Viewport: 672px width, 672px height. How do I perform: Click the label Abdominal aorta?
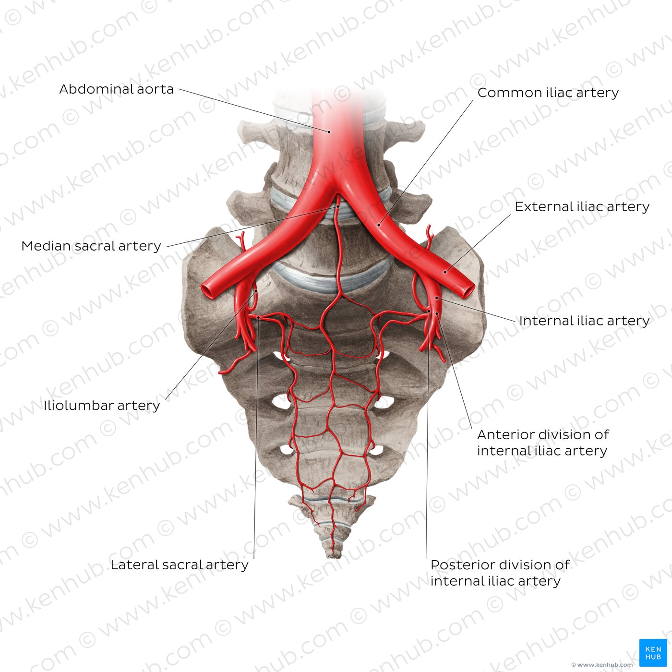tap(117, 89)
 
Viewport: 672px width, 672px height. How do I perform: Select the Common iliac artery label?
tap(548, 93)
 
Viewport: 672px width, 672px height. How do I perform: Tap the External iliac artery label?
tap(582, 207)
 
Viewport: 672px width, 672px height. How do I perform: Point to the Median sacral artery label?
tap(91, 246)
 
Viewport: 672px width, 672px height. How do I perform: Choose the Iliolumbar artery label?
tap(101, 406)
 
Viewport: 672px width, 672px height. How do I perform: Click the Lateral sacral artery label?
tap(179, 565)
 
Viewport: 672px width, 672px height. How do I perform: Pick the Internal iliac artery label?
tap(584, 321)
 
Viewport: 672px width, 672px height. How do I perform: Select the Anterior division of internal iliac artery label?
tap(543, 443)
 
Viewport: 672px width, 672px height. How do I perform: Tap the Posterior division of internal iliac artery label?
tap(500, 573)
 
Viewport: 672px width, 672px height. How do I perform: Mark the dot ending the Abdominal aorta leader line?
tap(329, 132)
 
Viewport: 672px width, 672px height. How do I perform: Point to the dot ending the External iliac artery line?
tap(445, 272)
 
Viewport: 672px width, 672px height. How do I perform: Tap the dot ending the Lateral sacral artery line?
tap(258, 318)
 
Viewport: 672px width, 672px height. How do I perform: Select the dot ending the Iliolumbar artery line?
tap(256, 291)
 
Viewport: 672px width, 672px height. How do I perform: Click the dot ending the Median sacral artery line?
tap(337, 206)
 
